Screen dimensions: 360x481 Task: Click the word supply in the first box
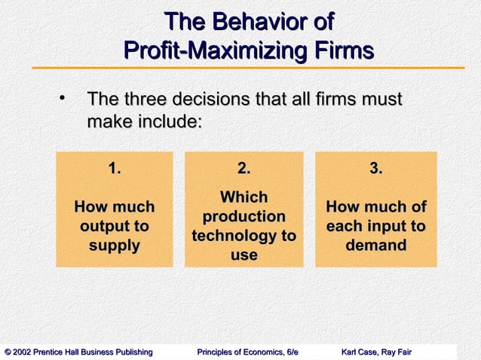[x=114, y=246]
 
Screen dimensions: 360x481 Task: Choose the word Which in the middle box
[x=244, y=197]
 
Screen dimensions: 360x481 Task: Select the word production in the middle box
[x=244, y=217]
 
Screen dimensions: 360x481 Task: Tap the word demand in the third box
[x=375, y=246]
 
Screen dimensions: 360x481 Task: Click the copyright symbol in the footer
[x=8, y=352]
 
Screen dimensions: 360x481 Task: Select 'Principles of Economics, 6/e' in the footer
[x=247, y=352]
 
